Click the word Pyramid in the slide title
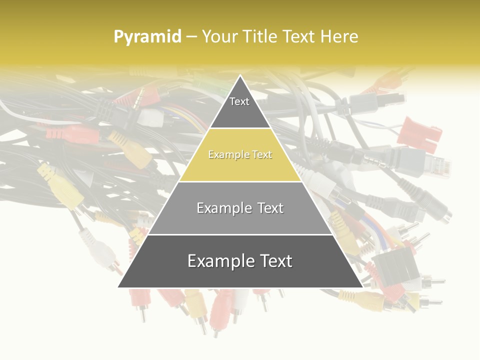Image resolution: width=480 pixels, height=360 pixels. pos(147,36)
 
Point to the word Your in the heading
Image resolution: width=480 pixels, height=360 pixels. pos(219,36)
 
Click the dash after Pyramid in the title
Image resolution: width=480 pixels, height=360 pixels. pos(191,37)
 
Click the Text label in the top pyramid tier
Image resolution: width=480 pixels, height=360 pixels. pos(239,101)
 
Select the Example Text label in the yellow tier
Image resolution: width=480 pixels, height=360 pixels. pos(240,155)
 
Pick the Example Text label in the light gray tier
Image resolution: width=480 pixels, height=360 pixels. pos(240,208)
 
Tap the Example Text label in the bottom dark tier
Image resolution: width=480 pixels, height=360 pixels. pos(240,261)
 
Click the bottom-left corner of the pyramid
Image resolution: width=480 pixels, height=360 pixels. pos(118,287)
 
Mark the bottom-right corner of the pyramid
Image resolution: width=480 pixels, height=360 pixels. pos(362,287)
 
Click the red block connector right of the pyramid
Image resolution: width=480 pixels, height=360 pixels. pos(422,133)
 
